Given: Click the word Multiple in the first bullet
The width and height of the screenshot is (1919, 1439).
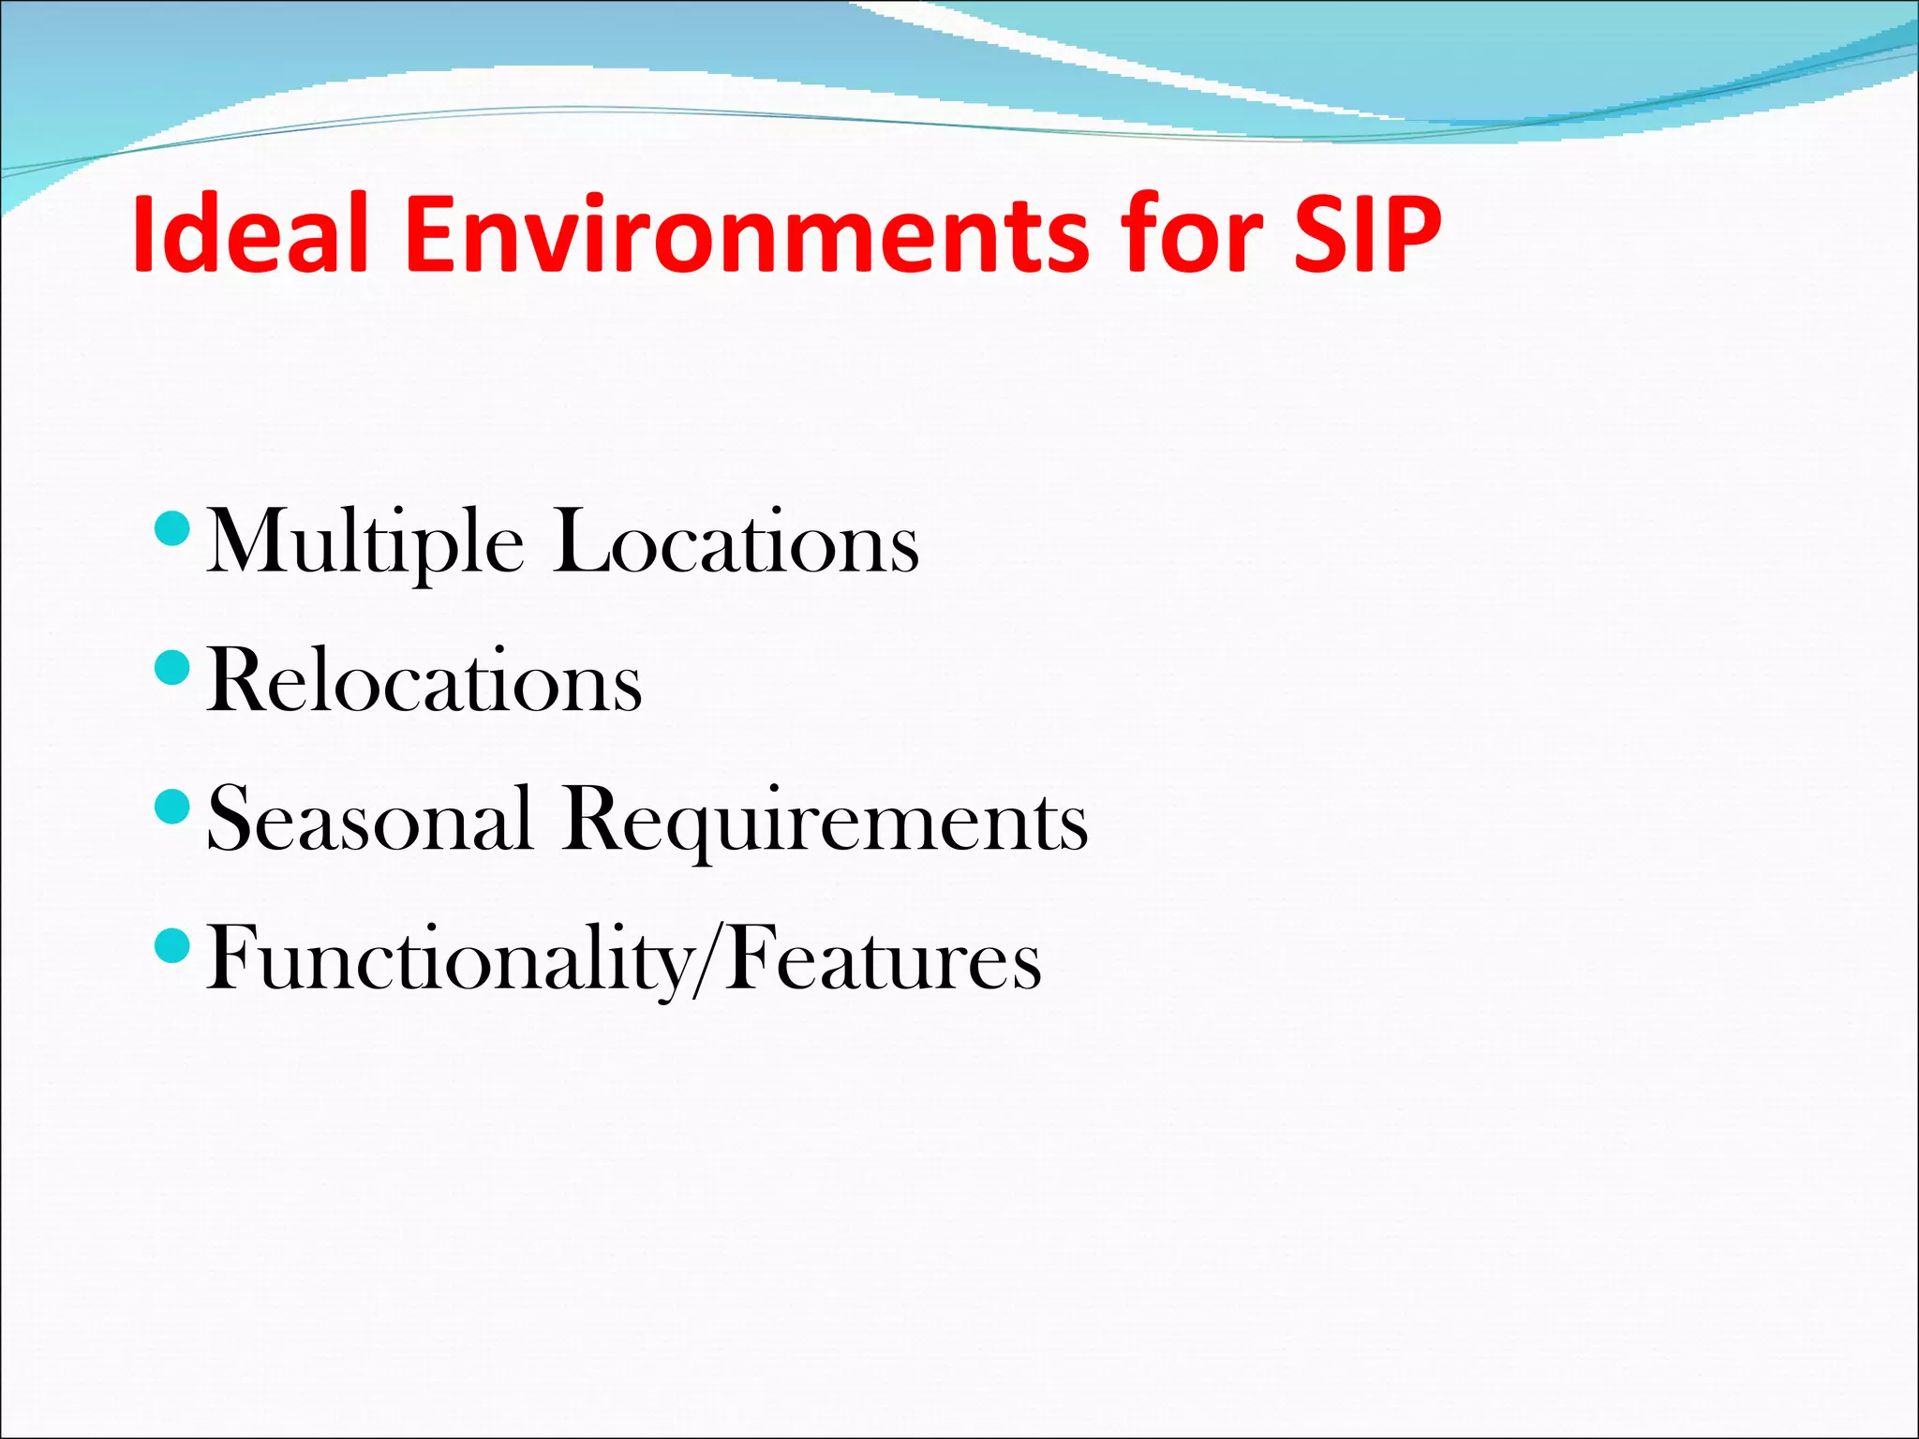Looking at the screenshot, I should pos(364,543).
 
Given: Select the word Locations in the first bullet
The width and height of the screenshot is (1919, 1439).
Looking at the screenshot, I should pos(736,543).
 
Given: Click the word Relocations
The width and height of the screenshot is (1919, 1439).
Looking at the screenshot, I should pos(424,682).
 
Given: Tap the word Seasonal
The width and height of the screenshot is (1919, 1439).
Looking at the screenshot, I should pos(369,820).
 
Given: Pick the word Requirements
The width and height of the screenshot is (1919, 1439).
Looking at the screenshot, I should pos(825,820).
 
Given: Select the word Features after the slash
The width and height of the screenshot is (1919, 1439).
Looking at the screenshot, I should pos(885,958).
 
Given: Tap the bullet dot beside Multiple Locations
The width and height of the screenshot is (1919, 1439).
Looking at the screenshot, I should pos(171,529).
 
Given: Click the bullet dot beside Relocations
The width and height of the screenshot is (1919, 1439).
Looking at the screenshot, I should pos(171,668).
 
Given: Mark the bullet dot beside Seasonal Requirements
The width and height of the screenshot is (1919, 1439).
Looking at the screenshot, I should pos(171,806).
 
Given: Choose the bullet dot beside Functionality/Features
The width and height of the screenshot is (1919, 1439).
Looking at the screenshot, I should pos(171,944).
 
